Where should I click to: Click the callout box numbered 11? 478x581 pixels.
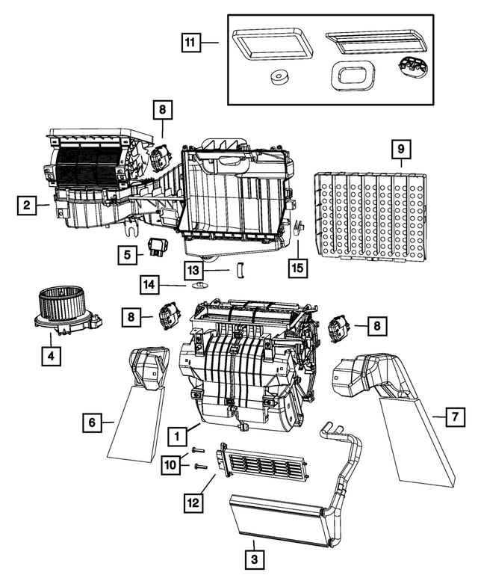pos(191,43)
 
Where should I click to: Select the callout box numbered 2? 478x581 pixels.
pos(25,205)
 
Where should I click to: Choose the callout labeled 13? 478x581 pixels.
pos(194,269)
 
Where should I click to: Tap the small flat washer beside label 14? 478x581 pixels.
pos(199,286)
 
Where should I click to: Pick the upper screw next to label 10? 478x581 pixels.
pos(197,449)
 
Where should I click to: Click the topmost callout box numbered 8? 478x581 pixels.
pos(162,110)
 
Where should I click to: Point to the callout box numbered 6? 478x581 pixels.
pos(90,424)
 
